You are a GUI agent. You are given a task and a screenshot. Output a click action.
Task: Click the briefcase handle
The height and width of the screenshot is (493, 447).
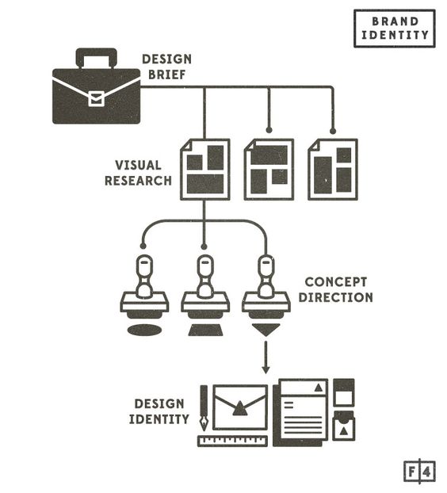point(97,52)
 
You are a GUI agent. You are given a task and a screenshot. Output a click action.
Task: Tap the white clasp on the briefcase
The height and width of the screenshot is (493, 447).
point(96,99)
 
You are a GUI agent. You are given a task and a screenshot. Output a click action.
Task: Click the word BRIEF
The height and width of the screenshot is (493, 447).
point(166,75)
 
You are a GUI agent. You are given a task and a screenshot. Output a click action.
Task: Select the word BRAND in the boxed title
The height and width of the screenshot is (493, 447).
point(395,21)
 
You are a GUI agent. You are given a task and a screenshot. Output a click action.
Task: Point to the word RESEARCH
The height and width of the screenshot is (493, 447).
point(138,181)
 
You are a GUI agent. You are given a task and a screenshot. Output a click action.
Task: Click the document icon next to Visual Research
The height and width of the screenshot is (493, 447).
point(205,170)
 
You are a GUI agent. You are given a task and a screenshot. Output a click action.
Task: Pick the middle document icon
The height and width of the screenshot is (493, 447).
point(269,170)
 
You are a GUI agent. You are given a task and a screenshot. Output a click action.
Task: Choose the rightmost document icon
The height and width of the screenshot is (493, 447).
point(333,170)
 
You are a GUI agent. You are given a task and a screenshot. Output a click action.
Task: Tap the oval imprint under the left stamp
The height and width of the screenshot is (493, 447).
point(144,330)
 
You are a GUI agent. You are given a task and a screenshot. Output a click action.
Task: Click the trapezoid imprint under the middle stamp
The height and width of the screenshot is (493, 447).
point(205,330)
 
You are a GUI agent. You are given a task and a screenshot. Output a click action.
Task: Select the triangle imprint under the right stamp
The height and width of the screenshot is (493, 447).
point(266,330)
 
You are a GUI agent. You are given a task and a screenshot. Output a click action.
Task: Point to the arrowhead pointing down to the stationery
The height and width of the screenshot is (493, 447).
point(266,369)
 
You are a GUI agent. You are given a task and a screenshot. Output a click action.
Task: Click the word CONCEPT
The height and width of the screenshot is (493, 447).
point(336,282)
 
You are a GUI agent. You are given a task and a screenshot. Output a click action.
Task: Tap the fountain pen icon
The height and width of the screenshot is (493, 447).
point(204,407)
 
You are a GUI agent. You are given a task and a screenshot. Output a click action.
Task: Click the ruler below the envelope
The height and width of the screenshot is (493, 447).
point(233,441)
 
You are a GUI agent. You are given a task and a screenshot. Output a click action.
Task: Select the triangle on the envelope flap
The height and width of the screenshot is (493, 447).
point(240,409)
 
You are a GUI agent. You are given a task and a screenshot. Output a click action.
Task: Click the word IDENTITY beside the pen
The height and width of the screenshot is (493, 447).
point(159,419)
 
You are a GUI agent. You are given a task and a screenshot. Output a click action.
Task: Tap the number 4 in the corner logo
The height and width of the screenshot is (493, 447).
point(427,472)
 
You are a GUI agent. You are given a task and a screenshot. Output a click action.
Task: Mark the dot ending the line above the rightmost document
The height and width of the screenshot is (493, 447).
point(333,131)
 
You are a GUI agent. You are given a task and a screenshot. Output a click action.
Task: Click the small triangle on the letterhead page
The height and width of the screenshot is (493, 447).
point(319,388)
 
